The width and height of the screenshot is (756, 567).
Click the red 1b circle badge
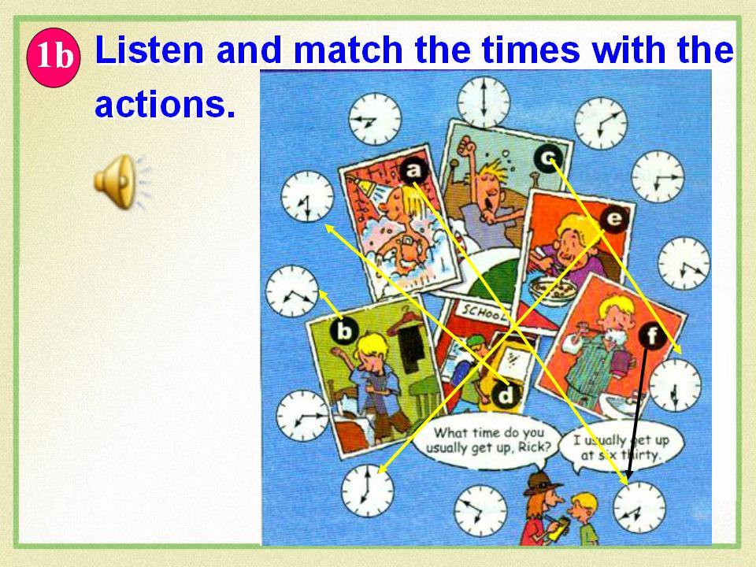(x=54, y=57)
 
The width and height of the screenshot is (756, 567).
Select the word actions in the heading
(x=165, y=104)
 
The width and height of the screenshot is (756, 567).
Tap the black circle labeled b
(x=344, y=332)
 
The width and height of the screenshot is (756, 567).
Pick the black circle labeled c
(x=548, y=158)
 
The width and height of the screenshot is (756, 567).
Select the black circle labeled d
(x=506, y=396)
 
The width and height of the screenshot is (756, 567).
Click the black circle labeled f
(x=652, y=335)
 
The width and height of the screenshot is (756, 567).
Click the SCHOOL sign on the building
(x=483, y=313)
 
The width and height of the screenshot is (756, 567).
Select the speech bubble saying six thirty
(x=621, y=447)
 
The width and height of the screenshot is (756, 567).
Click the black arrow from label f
(x=636, y=416)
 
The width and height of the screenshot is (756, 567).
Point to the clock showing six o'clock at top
(x=484, y=102)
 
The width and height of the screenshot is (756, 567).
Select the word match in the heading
(x=347, y=50)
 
